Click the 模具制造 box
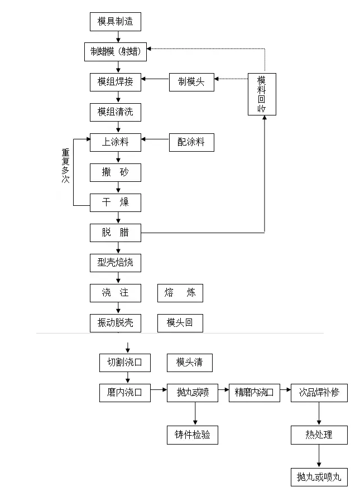coord(116,22)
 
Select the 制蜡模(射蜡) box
coord(116,52)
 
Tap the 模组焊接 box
coord(116,82)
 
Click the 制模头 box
coord(191,82)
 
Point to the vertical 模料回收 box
coord(262,94)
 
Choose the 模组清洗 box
coord(116,112)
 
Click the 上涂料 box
coord(116,142)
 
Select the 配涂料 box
coord(191,142)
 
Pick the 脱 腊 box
coord(116,233)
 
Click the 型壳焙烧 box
coord(116,262)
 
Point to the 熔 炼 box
coord(180,293)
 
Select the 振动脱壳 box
coord(116,323)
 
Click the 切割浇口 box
coord(125,363)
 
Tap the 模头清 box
coord(190,363)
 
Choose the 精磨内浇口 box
coord(255,393)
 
